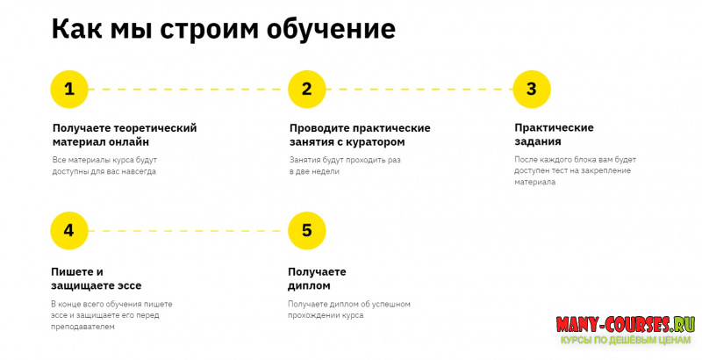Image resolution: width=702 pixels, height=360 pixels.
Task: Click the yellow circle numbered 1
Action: (x=69, y=89)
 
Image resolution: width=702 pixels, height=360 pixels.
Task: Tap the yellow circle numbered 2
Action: (x=306, y=89)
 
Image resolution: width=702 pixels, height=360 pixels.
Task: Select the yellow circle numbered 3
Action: (x=531, y=89)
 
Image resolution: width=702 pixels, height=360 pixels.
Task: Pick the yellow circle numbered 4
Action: (x=69, y=230)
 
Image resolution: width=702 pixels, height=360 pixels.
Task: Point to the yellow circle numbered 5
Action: (x=306, y=230)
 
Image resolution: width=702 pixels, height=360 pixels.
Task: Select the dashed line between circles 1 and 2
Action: (x=188, y=89)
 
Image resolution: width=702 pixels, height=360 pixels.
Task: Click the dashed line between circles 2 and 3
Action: (x=419, y=89)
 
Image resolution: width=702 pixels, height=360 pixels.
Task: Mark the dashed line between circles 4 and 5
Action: (x=188, y=230)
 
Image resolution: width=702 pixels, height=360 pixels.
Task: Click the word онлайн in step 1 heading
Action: (x=129, y=141)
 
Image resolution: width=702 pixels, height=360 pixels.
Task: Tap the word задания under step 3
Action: (x=538, y=141)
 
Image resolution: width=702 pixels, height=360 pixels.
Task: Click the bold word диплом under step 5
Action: (x=309, y=285)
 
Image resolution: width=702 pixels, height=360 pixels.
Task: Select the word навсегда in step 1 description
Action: (x=147, y=171)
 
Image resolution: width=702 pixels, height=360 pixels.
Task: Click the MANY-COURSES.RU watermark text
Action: (x=622, y=324)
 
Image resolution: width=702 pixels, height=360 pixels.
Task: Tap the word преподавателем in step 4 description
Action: (x=83, y=327)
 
